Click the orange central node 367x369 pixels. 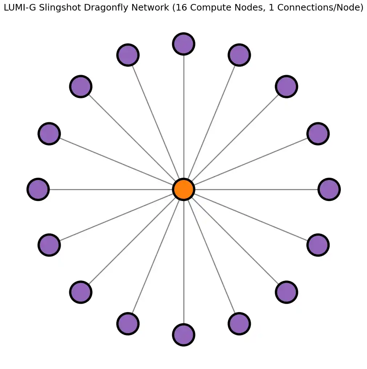pyautogui.click(x=184, y=189)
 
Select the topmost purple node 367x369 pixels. pyautogui.click(x=184, y=44)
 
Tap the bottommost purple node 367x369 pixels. pyautogui.click(x=184, y=335)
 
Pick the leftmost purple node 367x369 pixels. pyautogui.click(x=38, y=189)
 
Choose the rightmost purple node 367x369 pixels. pyautogui.click(x=329, y=189)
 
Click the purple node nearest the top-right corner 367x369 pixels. pyautogui.click(x=286, y=86)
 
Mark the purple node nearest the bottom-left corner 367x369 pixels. pyautogui.click(x=81, y=292)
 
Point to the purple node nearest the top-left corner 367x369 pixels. pyautogui.click(x=81, y=86)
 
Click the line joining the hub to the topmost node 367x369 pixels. pyautogui.click(x=184, y=116)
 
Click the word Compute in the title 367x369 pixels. pyautogui.click(x=180, y=8)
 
